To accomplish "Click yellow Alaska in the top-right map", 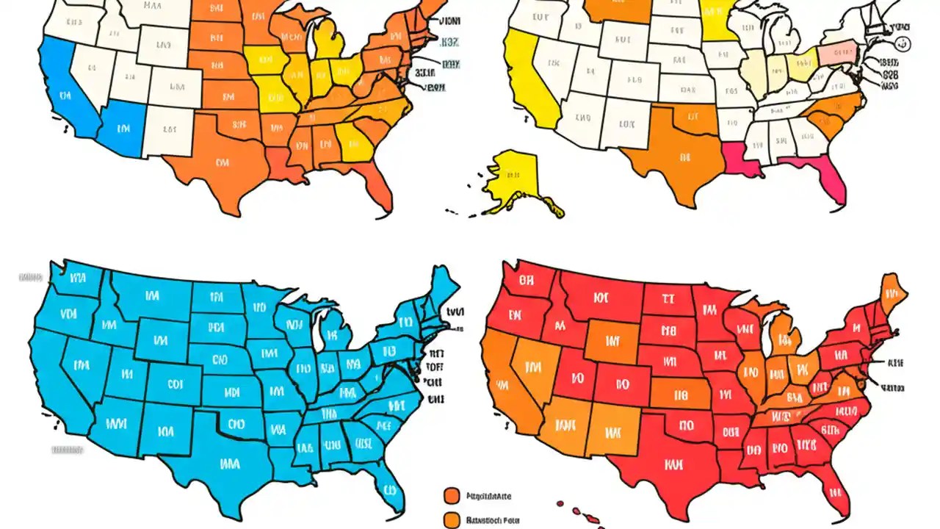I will (518, 176).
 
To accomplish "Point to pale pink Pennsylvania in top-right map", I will (839, 55).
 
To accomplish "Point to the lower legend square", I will (452, 519).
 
